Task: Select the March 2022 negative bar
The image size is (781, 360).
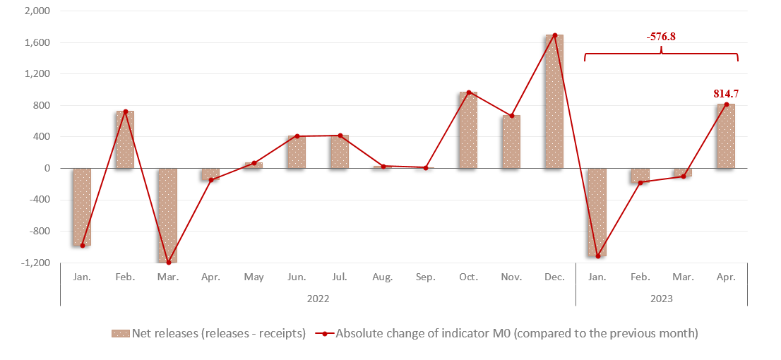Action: (x=167, y=215)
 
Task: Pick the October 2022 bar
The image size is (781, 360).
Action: (x=468, y=130)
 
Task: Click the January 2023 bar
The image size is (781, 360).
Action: (x=597, y=212)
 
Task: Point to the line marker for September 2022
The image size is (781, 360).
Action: (x=426, y=167)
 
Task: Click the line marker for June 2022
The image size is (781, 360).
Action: (x=297, y=136)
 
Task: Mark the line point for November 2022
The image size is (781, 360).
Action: (x=511, y=116)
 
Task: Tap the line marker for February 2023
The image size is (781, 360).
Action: (x=640, y=183)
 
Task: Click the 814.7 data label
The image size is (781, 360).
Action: (x=726, y=93)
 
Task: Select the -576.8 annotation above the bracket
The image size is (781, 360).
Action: (x=661, y=37)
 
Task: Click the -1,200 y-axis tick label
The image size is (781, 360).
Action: (x=35, y=263)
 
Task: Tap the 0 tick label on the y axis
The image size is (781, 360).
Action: (x=47, y=168)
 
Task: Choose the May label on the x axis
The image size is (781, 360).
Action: (x=254, y=277)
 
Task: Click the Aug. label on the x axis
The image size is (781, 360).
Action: (x=382, y=277)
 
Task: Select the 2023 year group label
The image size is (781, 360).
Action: (x=661, y=299)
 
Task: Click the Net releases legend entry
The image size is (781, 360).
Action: (x=208, y=333)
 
